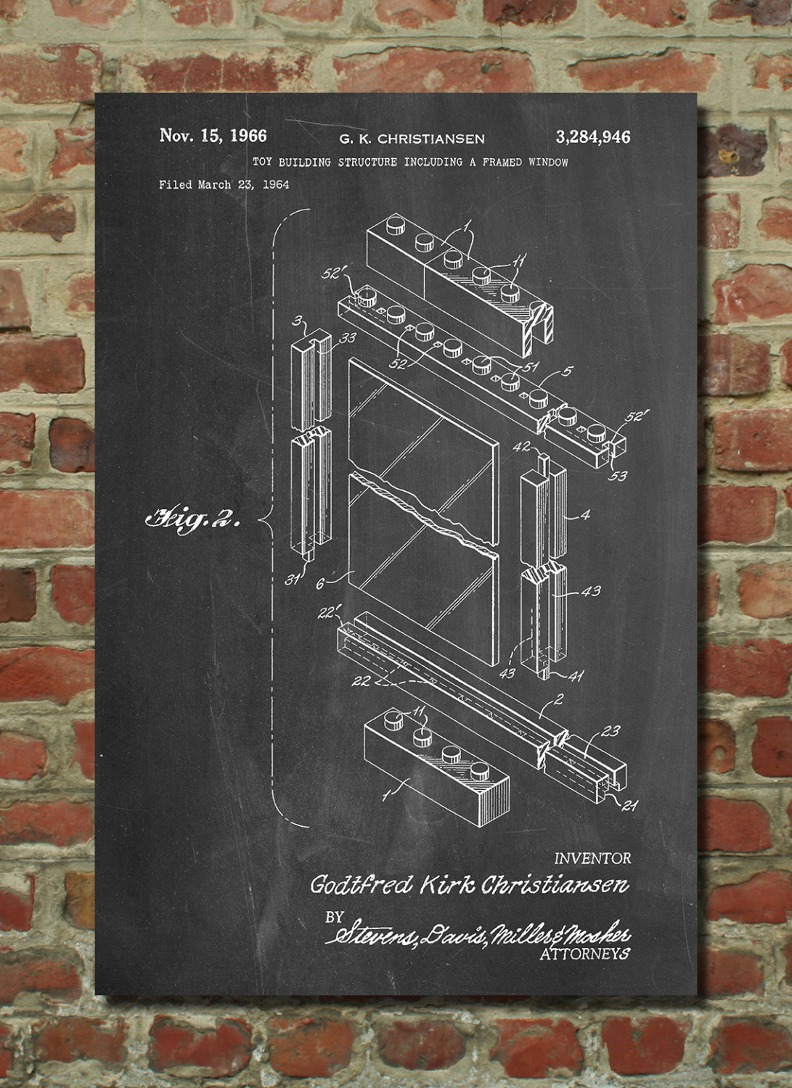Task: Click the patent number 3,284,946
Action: [x=592, y=138]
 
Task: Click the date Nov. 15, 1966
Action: [x=213, y=136]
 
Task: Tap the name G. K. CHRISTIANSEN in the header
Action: [x=412, y=139]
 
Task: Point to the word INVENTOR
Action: [x=592, y=858]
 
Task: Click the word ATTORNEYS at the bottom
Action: [x=585, y=954]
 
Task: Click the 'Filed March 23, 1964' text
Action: [x=224, y=184]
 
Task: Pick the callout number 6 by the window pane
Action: [x=319, y=584]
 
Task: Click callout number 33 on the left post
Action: [x=347, y=337]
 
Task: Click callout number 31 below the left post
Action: [x=293, y=580]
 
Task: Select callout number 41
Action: [x=576, y=675]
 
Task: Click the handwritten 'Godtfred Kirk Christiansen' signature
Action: [x=470, y=885]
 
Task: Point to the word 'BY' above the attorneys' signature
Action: [x=335, y=917]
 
